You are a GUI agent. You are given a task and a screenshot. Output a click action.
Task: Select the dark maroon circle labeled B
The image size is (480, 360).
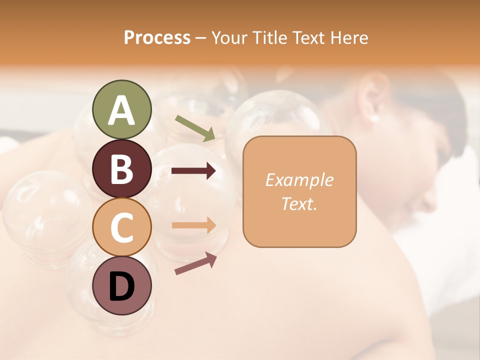(x=121, y=168)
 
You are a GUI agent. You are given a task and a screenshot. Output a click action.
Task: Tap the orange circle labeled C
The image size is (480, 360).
(x=121, y=227)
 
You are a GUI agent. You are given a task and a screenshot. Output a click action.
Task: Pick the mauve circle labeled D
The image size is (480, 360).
(x=121, y=286)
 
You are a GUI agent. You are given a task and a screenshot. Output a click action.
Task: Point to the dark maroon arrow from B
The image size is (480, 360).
(x=193, y=171)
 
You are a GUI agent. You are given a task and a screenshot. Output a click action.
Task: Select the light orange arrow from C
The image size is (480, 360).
(x=193, y=225)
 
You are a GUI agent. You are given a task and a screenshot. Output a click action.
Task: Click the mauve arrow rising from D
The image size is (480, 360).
(x=195, y=263)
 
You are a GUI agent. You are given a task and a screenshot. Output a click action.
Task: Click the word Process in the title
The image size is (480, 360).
(x=157, y=37)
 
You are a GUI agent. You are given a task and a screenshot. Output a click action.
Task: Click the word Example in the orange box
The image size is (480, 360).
(x=299, y=180)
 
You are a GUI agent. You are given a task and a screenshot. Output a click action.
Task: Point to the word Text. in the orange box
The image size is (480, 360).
(x=299, y=204)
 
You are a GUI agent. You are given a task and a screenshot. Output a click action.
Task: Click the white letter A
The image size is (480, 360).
(x=121, y=110)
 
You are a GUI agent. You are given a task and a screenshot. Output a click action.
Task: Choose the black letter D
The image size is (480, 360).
(x=121, y=287)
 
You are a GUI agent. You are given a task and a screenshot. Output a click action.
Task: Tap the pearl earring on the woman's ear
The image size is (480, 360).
(x=374, y=118)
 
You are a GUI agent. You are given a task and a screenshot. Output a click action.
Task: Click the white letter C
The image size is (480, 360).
(x=121, y=228)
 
